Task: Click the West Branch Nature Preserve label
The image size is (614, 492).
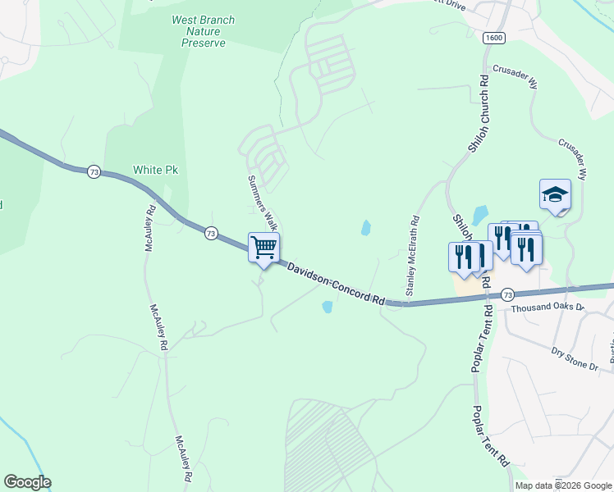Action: pos(203,31)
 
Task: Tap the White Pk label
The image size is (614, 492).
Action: pos(155,171)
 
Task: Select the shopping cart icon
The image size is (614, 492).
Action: pos(263,248)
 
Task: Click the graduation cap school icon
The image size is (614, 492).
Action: pos(555,195)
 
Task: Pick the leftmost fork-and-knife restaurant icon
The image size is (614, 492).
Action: pos(463,256)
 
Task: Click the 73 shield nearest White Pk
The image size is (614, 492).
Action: pos(94,171)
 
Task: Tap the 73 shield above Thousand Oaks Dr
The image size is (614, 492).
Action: pos(507,294)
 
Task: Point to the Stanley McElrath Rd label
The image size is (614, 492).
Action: pos(413,256)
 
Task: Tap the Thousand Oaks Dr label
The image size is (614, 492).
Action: pos(547,308)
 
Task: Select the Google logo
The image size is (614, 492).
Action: pos(27,482)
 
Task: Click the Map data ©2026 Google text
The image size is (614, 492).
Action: pos(563,485)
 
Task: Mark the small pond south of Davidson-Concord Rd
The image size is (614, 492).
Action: pos(328,307)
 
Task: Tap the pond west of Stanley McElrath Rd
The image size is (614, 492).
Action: pos(365,228)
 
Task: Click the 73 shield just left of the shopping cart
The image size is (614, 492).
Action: pos(212,232)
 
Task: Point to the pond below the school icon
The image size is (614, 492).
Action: pos(481,214)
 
